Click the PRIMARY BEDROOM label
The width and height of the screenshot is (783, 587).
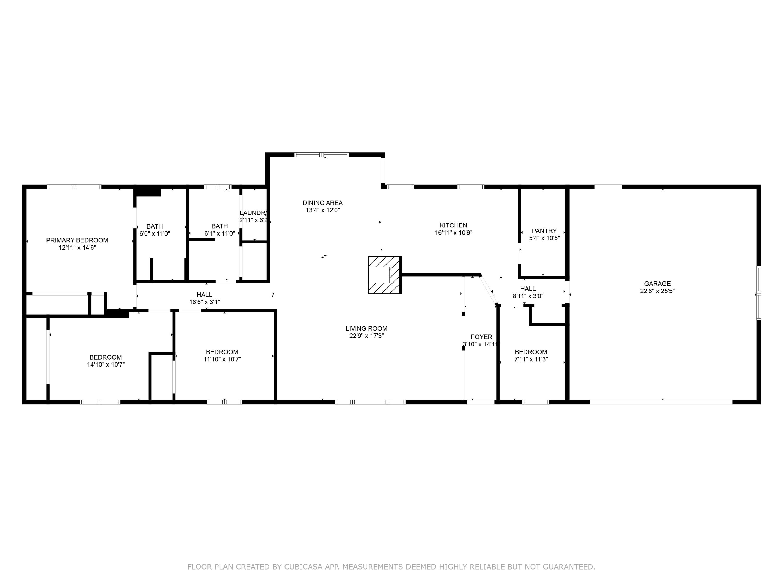pyautogui.click(x=77, y=240)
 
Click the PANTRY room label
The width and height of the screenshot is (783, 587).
pyautogui.click(x=544, y=231)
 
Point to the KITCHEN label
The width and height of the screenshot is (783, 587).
pyautogui.click(x=453, y=225)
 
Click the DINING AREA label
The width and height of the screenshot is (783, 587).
pyautogui.click(x=323, y=203)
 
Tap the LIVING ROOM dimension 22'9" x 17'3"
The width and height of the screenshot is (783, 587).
pyautogui.click(x=366, y=336)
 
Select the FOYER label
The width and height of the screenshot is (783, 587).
pyautogui.click(x=481, y=337)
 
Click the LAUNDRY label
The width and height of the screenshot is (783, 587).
pyautogui.click(x=253, y=213)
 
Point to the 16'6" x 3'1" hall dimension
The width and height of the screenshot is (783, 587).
pyautogui.click(x=205, y=302)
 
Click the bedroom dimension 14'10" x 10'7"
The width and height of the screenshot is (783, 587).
pyautogui.click(x=106, y=364)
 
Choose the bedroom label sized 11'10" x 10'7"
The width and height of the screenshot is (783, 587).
pyautogui.click(x=222, y=352)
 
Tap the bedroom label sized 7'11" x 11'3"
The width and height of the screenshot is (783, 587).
pyautogui.click(x=531, y=352)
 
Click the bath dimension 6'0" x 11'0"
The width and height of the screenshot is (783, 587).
pyautogui.click(x=155, y=233)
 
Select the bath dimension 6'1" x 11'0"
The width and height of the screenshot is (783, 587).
pyautogui.click(x=220, y=233)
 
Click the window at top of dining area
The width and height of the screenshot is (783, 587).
pyautogui.click(x=321, y=155)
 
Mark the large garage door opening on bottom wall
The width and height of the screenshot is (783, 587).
pyautogui.click(x=661, y=402)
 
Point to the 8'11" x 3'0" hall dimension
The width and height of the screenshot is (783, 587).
pyautogui.click(x=528, y=296)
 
